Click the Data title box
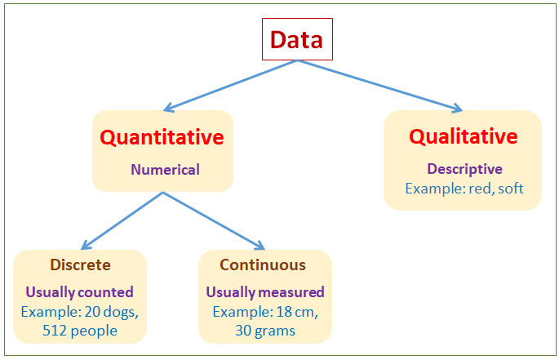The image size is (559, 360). pyautogui.click(x=296, y=39)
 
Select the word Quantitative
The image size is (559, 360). pyautogui.click(x=162, y=137)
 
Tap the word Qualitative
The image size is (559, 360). pyautogui.click(x=463, y=136)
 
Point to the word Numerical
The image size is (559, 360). pyautogui.click(x=164, y=171)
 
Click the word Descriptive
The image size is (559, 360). pyautogui.click(x=464, y=170)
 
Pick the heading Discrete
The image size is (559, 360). pyautogui.click(x=80, y=265)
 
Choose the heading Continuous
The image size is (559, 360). pyautogui.click(x=263, y=265)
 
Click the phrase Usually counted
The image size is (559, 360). pyautogui.click(x=79, y=292)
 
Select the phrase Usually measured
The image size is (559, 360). pyautogui.click(x=264, y=292)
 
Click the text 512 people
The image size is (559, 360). pyautogui.click(x=80, y=331)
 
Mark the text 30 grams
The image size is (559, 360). pyautogui.click(x=264, y=331)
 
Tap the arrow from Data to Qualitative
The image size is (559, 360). pyautogui.click(x=380, y=85)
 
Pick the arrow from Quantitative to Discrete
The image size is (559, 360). pyautogui.click(x=122, y=220)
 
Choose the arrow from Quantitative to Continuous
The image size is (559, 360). pyautogui.click(x=214, y=220)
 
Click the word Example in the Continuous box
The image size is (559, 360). pyautogui.click(x=239, y=312)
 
